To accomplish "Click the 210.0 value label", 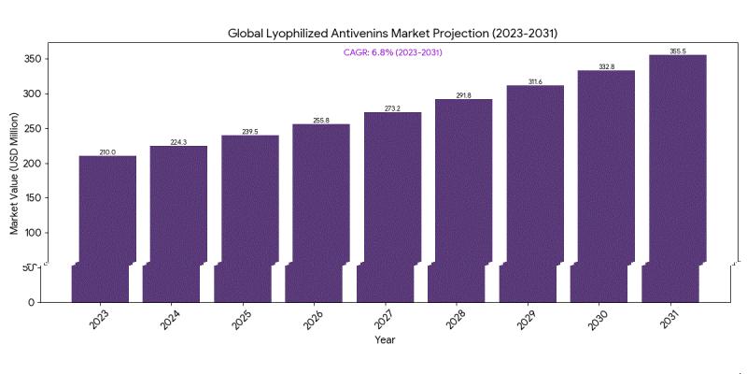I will click(x=107, y=151).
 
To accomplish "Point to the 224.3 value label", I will click(x=178, y=142).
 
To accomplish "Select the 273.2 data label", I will click(x=392, y=108).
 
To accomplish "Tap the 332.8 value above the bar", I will click(x=606, y=66).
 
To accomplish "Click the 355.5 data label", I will click(x=678, y=50).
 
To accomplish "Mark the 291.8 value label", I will click(x=464, y=95).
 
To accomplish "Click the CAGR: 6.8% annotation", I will click(x=392, y=52).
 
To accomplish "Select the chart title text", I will click(x=392, y=33).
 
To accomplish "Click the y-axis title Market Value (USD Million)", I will click(x=15, y=173).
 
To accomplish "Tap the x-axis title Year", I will click(x=385, y=339).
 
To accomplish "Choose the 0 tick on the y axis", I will click(x=33, y=302).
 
